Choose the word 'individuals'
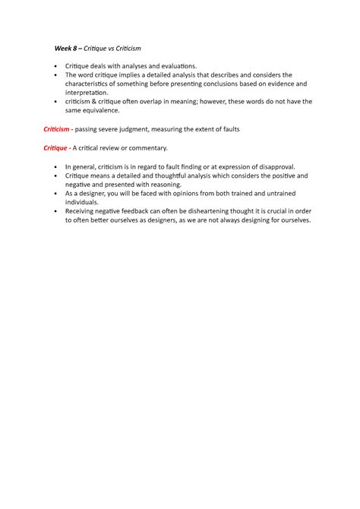[x=84, y=203]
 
